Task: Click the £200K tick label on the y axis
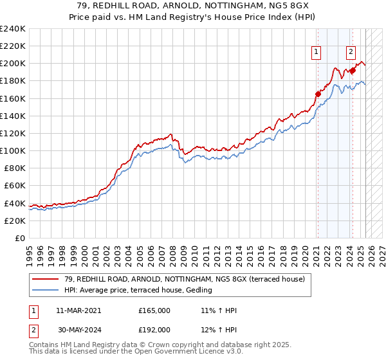12,64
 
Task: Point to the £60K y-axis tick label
14,186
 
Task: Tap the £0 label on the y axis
19,238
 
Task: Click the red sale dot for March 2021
318,94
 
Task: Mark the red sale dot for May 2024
353,71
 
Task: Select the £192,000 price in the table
154,329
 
